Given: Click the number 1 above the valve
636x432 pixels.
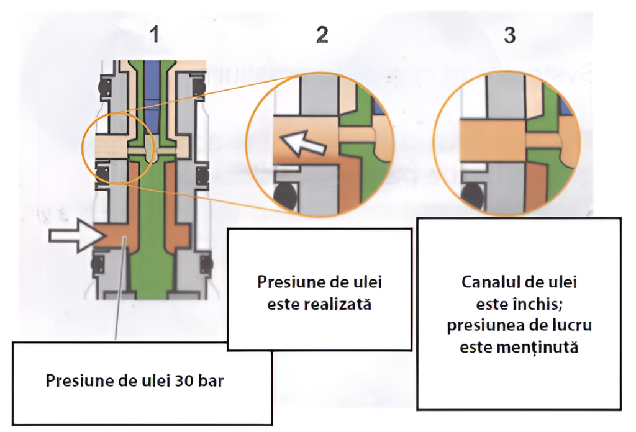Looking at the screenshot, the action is (x=154, y=34).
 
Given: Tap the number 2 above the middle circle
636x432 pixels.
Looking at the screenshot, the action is (x=322, y=34).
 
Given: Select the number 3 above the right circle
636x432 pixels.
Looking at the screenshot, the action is (x=510, y=35).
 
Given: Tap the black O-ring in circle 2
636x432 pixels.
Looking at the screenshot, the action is (x=286, y=196).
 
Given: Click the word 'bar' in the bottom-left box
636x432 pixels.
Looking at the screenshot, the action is (x=211, y=380).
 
